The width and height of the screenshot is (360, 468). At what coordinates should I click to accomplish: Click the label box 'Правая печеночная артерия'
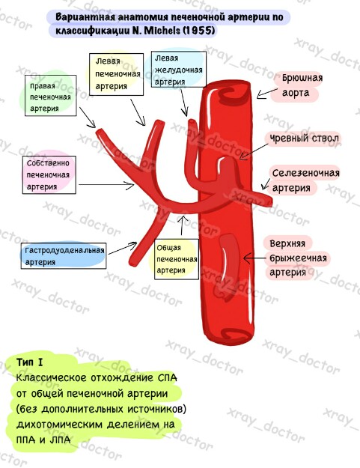(x=50, y=96)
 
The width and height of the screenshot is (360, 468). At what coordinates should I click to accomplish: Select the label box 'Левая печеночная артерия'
(x=116, y=74)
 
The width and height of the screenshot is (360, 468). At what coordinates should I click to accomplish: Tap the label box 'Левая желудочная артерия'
(x=179, y=69)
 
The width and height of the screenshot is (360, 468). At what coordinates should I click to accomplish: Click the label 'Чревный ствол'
(x=304, y=139)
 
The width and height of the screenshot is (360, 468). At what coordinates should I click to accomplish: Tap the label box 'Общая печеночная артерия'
(x=177, y=259)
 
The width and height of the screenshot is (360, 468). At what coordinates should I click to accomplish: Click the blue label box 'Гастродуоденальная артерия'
(x=64, y=256)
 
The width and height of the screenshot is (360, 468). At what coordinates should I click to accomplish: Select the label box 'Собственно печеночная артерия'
(x=49, y=175)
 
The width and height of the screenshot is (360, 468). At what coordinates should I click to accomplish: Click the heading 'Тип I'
(x=29, y=362)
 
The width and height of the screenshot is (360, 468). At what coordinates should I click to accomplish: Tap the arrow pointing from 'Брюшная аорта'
(x=267, y=93)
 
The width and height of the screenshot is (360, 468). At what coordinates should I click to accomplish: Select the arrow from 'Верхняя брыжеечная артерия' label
(x=255, y=258)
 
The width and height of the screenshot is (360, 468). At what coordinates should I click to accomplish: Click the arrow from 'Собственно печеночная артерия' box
(x=106, y=185)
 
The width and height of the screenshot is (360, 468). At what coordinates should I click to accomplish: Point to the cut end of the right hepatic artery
(x=100, y=132)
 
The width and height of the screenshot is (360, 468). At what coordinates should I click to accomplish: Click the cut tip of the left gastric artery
(x=192, y=122)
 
